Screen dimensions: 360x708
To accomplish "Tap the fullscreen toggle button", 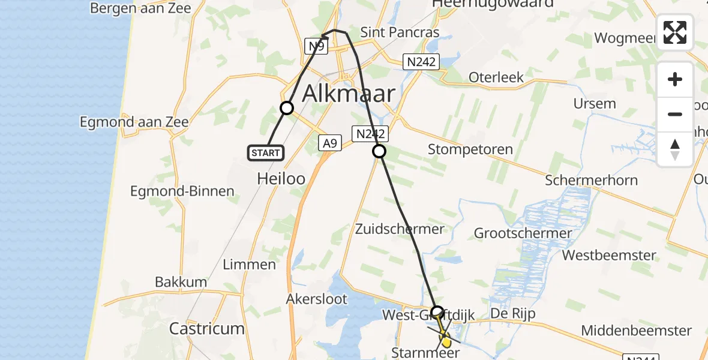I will tap(675, 32).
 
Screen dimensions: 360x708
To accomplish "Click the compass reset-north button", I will tap(675, 149).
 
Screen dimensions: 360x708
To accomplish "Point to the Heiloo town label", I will tap(281, 178).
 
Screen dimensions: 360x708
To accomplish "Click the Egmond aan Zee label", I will tap(134, 122).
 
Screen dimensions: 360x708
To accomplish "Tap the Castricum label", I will tap(207, 329).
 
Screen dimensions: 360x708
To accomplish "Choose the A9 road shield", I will tap(329, 143).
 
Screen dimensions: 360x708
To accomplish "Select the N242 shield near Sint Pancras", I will tap(422, 61).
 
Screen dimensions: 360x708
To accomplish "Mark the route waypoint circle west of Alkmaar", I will tap(287, 108).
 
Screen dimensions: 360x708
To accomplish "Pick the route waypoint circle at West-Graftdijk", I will tap(437, 312).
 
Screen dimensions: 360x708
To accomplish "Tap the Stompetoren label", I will tap(470, 149).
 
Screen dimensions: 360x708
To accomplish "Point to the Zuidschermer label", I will tap(400, 229).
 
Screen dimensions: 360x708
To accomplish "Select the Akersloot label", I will tap(317, 299).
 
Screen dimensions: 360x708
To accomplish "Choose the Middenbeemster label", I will tap(637, 331).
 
